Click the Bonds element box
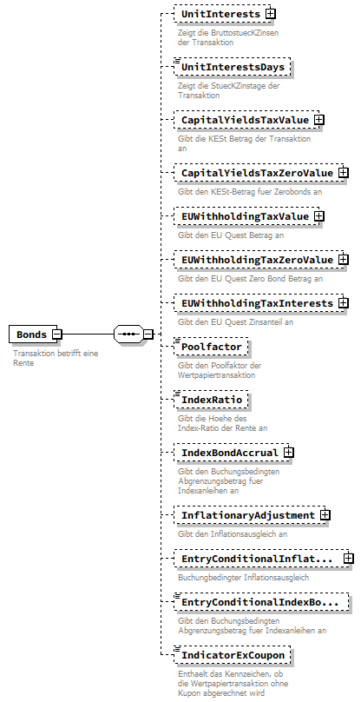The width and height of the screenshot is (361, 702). tap(31, 334)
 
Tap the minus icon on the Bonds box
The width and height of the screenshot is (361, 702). tap(56, 334)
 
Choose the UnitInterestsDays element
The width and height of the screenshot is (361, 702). tap(232, 67)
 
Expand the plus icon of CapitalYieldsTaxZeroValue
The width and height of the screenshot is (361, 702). tap(344, 173)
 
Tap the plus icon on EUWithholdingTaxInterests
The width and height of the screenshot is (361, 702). tap(344, 302)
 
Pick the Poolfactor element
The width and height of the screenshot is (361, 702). tap(211, 346)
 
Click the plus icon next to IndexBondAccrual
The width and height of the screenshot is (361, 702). tap(289, 453)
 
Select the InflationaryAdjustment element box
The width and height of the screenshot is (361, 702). tap(246, 515)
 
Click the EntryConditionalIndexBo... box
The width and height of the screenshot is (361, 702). tap(261, 601)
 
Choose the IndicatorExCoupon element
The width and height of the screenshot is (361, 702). tap(233, 653)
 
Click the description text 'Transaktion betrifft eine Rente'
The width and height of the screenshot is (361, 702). tap(56, 358)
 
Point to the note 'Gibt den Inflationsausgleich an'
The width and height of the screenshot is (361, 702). tap(233, 533)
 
